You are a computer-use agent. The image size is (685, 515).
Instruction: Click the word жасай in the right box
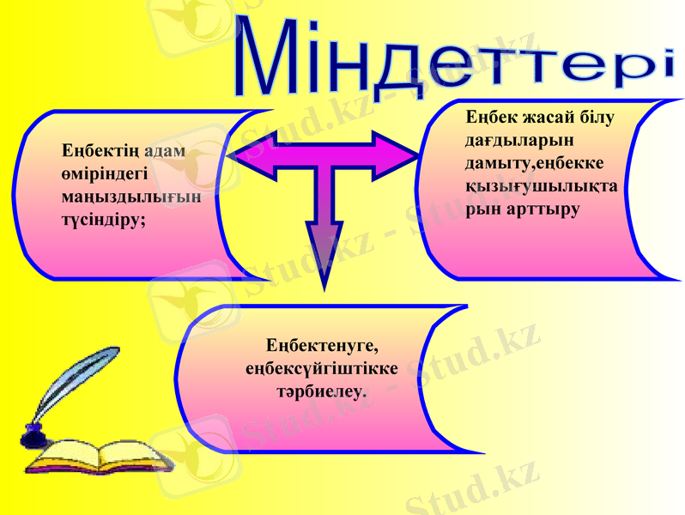(x=546, y=117)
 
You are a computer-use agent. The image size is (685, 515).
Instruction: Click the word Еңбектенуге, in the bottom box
(x=322, y=347)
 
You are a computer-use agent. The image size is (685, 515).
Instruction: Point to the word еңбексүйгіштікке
(x=321, y=369)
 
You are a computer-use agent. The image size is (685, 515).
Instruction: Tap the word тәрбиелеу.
(x=321, y=391)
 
